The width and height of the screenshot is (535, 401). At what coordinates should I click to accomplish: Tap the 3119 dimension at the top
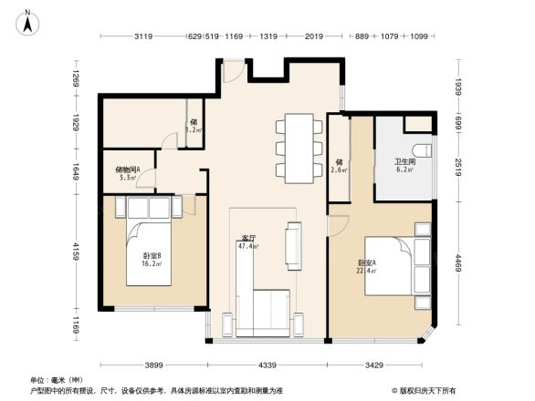click(142, 37)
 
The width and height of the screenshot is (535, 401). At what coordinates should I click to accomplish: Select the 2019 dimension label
click(314, 37)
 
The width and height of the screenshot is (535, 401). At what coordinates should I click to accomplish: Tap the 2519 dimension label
click(459, 170)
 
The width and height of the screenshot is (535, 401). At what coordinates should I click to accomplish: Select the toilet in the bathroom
click(421, 149)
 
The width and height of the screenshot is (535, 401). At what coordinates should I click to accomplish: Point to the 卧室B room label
click(152, 256)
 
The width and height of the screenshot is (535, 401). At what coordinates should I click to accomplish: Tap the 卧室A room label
click(366, 263)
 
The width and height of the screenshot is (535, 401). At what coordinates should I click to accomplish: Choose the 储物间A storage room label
click(128, 169)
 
